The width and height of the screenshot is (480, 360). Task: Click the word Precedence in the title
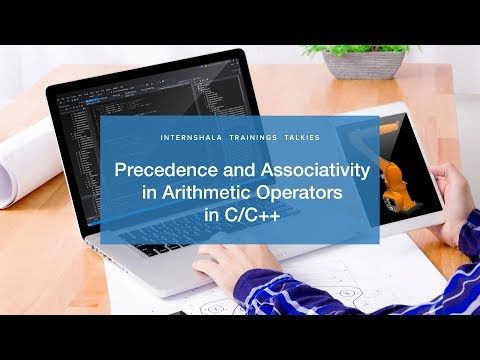coord(159,171)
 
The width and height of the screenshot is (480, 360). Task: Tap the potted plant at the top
coord(365,55)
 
